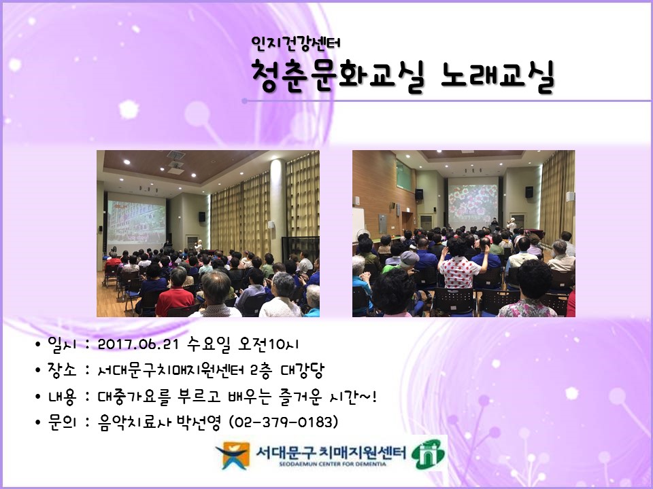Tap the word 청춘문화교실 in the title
pos(337,75)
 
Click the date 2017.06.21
pos(138,344)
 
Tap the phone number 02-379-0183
pos(284,422)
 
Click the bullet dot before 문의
pos(38,422)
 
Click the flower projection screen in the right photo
pos(472,203)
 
